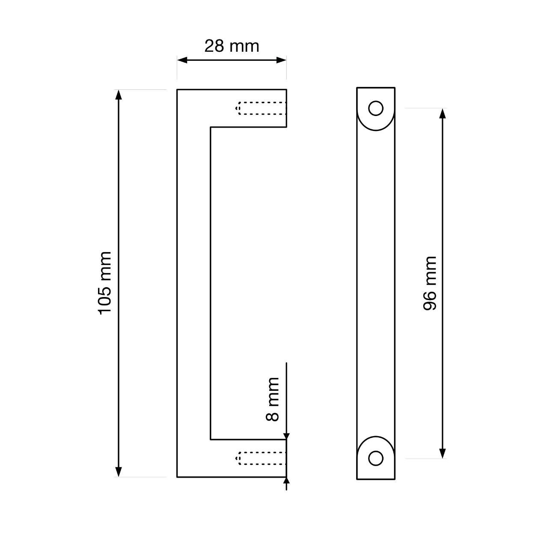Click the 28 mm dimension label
coord(232,46)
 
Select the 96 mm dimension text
coord(430,283)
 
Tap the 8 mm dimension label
coord(273,399)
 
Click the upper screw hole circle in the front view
coord(376,109)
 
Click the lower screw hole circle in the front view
coord(376,458)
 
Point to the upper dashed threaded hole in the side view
coord(261,108)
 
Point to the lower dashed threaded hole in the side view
coord(261,458)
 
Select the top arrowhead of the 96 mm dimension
coord(443,113)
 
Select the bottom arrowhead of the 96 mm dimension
coord(443,453)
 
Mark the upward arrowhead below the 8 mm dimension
coord(287,482)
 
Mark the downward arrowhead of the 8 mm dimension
coord(287,435)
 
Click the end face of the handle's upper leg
coord(286,108)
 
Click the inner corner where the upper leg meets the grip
coord(211,127)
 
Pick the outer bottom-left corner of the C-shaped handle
coord(177,477)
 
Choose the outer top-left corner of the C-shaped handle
coord(177,89)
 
